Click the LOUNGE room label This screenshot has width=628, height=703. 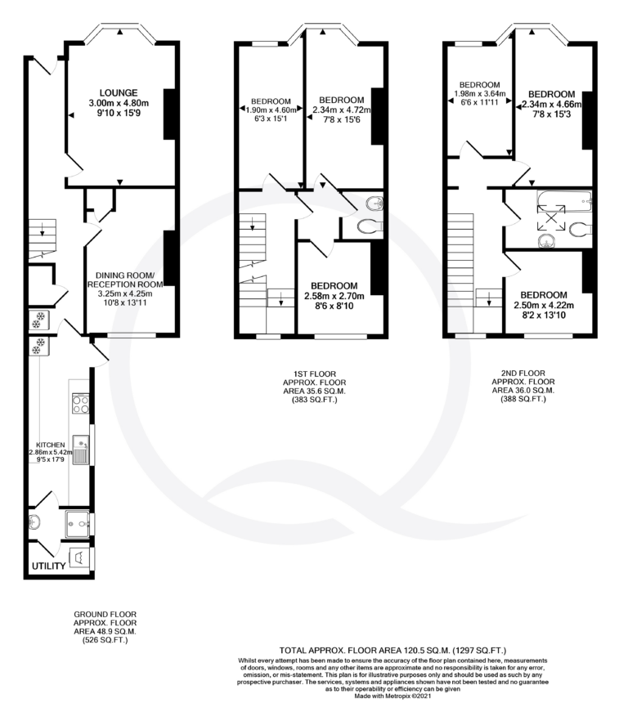[x=119, y=93]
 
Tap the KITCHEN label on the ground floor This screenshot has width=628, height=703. [x=50, y=445]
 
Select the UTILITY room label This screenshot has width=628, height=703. [x=49, y=566]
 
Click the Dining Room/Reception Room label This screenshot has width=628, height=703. [x=125, y=280]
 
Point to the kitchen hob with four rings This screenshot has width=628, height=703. [x=81, y=404]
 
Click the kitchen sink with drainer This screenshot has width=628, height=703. [x=81, y=450]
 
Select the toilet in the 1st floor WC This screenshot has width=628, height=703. [x=370, y=226]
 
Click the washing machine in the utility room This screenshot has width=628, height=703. [x=79, y=558]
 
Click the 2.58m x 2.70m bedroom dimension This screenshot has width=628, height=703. [x=334, y=296]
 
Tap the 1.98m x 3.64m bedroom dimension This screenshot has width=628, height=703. [x=480, y=94]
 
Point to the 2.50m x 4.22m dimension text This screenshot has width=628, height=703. [x=544, y=306]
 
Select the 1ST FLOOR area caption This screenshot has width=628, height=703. [x=315, y=387]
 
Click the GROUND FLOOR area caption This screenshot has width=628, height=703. [x=105, y=627]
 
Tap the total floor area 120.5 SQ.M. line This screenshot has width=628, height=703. [x=392, y=650]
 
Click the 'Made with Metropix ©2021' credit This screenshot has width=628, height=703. [x=392, y=696]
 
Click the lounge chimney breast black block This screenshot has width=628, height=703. [x=169, y=114]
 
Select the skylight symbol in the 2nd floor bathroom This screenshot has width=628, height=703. [x=551, y=217]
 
